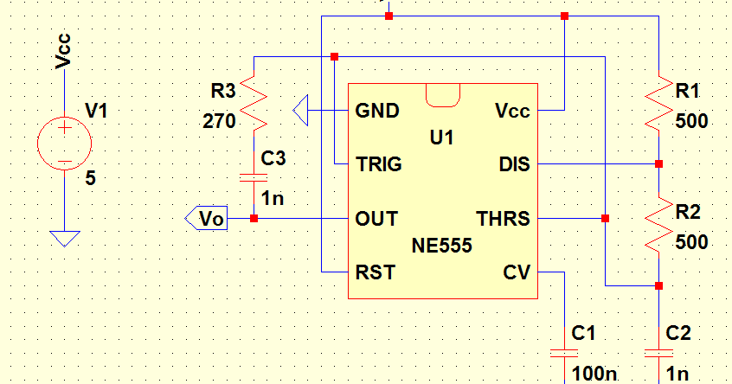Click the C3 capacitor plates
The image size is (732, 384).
tap(254, 177)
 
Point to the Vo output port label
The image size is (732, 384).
tap(207, 219)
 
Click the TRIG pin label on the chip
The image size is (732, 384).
tap(378, 164)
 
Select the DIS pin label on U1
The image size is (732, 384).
tap(515, 164)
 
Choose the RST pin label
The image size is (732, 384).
tap(376, 272)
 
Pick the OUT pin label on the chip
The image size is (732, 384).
tap(376, 219)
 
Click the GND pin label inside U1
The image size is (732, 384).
tap(377, 111)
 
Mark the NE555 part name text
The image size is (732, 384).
tap(442, 246)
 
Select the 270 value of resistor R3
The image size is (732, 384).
tap(219, 122)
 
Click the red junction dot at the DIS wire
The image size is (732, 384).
tap(658, 163)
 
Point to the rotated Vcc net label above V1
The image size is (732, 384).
tap(63, 51)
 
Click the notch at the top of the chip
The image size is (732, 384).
tap(442, 95)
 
